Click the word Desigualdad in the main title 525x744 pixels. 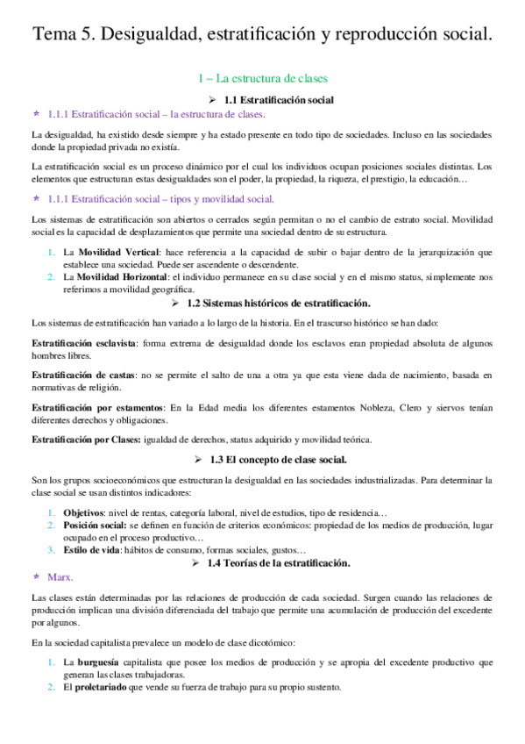click(161, 33)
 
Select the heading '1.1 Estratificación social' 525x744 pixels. click(273, 100)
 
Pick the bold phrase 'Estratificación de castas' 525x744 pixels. click(79, 375)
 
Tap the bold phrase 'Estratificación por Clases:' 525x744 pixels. click(84, 439)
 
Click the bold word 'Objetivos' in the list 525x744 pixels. click(84, 511)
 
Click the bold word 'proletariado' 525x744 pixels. click(102, 687)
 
